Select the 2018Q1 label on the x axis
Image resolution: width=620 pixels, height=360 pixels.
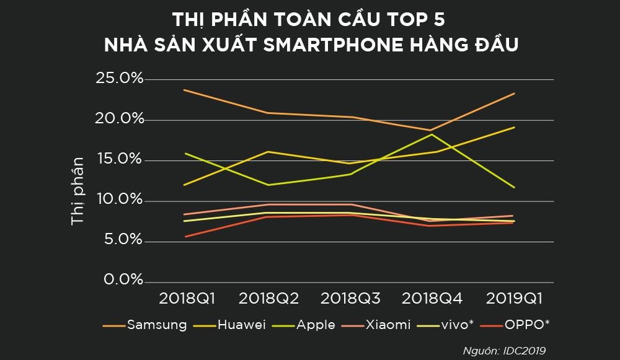187,298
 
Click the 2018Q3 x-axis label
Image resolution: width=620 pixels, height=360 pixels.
350,298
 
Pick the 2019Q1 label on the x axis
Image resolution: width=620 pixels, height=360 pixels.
514,298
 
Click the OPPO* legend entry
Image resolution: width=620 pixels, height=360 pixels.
526,325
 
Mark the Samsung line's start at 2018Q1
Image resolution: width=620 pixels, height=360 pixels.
185,90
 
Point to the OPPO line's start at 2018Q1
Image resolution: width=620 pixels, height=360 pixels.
185,237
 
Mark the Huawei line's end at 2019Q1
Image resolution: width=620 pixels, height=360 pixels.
515,127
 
